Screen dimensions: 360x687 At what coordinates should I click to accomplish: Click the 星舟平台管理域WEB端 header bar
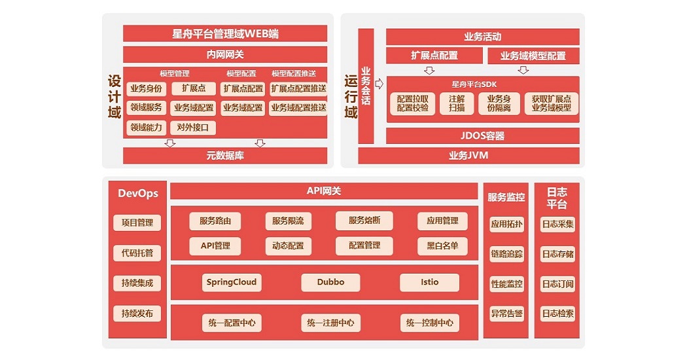pyautogui.click(x=225, y=33)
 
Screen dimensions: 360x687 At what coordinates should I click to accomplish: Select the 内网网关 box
pyautogui.click(x=225, y=54)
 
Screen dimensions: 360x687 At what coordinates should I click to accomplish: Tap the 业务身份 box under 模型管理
pyautogui.click(x=146, y=88)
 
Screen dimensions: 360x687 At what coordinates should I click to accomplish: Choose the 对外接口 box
pyautogui.click(x=193, y=128)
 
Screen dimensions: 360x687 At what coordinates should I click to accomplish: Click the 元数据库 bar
pyautogui.click(x=225, y=156)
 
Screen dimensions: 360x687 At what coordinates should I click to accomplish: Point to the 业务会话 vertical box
pyautogui.click(x=366, y=86)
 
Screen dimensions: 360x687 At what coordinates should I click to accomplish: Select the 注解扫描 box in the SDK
pyautogui.click(x=457, y=103)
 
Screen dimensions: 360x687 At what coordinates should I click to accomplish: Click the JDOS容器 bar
pyautogui.click(x=482, y=136)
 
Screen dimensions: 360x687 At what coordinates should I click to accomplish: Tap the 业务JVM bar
pyautogui.click(x=468, y=156)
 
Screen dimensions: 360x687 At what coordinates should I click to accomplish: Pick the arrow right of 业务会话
pyautogui.click(x=379, y=84)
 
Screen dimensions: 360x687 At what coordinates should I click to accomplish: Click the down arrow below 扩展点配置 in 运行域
pyautogui.click(x=429, y=70)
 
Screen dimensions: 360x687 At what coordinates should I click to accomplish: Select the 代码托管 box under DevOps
pyautogui.click(x=137, y=253)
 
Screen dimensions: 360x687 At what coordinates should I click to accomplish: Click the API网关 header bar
pyautogui.click(x=324, y=191)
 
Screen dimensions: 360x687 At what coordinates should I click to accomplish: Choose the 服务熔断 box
pyautogui.click(x=364, y=221)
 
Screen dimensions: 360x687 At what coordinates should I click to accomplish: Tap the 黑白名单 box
pyautogui.click(x=442, y=246)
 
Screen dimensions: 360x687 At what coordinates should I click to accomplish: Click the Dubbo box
pyautogui.click(x=330, y=283)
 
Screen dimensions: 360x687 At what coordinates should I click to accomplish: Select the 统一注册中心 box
pyautogui.click(x=330, y=323)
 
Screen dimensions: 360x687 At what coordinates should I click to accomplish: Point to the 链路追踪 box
pyautogui.click(x=506, y=254)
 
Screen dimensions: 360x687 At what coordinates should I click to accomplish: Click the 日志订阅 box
pyautogui.click(x=557, y=284)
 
